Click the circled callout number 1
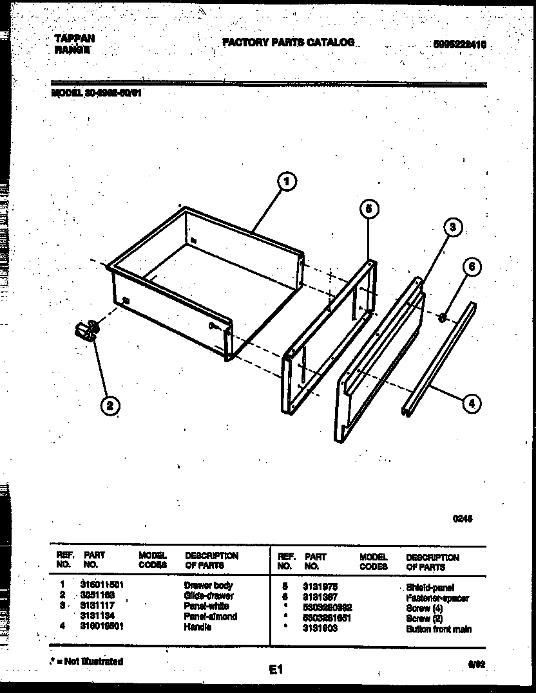287,183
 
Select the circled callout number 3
453,227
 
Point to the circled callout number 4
472,403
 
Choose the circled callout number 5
368,208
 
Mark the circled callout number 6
472,267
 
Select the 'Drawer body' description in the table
208,586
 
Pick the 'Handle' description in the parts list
198,627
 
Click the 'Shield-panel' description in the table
430,587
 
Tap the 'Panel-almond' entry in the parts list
210,616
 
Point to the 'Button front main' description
438,629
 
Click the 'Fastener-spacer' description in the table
437,598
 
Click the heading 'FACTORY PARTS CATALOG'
288,42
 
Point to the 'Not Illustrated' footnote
87,661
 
